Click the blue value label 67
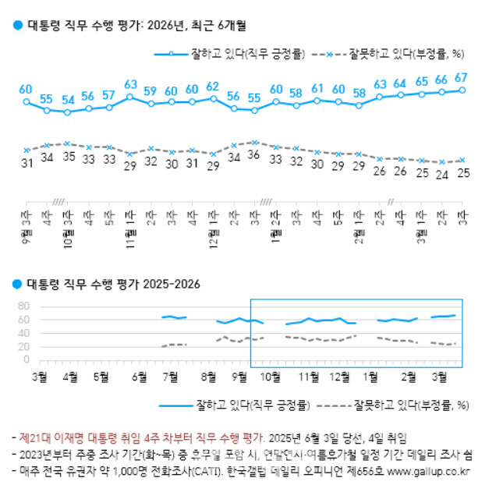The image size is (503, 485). [x=461, y=77]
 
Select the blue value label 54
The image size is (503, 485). [x=68, y=100]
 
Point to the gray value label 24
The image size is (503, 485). [x=441, y=174]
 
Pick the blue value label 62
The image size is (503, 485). [x=212, y=86]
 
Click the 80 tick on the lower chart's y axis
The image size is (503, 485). [x=23, y=306]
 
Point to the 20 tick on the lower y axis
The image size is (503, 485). [x=23, y=347]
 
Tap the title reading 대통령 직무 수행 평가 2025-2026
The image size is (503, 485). [x=113, y=284]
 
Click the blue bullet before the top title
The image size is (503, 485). [x=17, y=26]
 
